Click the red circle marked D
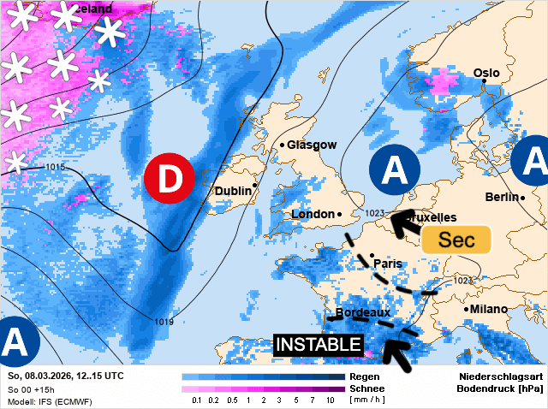[170, 179]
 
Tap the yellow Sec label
[456, 240]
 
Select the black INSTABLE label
[318, 345]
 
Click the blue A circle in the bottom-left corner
[15, 341]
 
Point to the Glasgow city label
[312, 145]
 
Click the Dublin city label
[233, 190]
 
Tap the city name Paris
[387, 264]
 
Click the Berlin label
[501, 198]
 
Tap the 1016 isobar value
[56, 167]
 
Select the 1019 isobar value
[164, 322]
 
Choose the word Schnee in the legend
[367, 388]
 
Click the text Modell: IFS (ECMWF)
[49, 401]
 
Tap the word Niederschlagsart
[500, 376]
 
